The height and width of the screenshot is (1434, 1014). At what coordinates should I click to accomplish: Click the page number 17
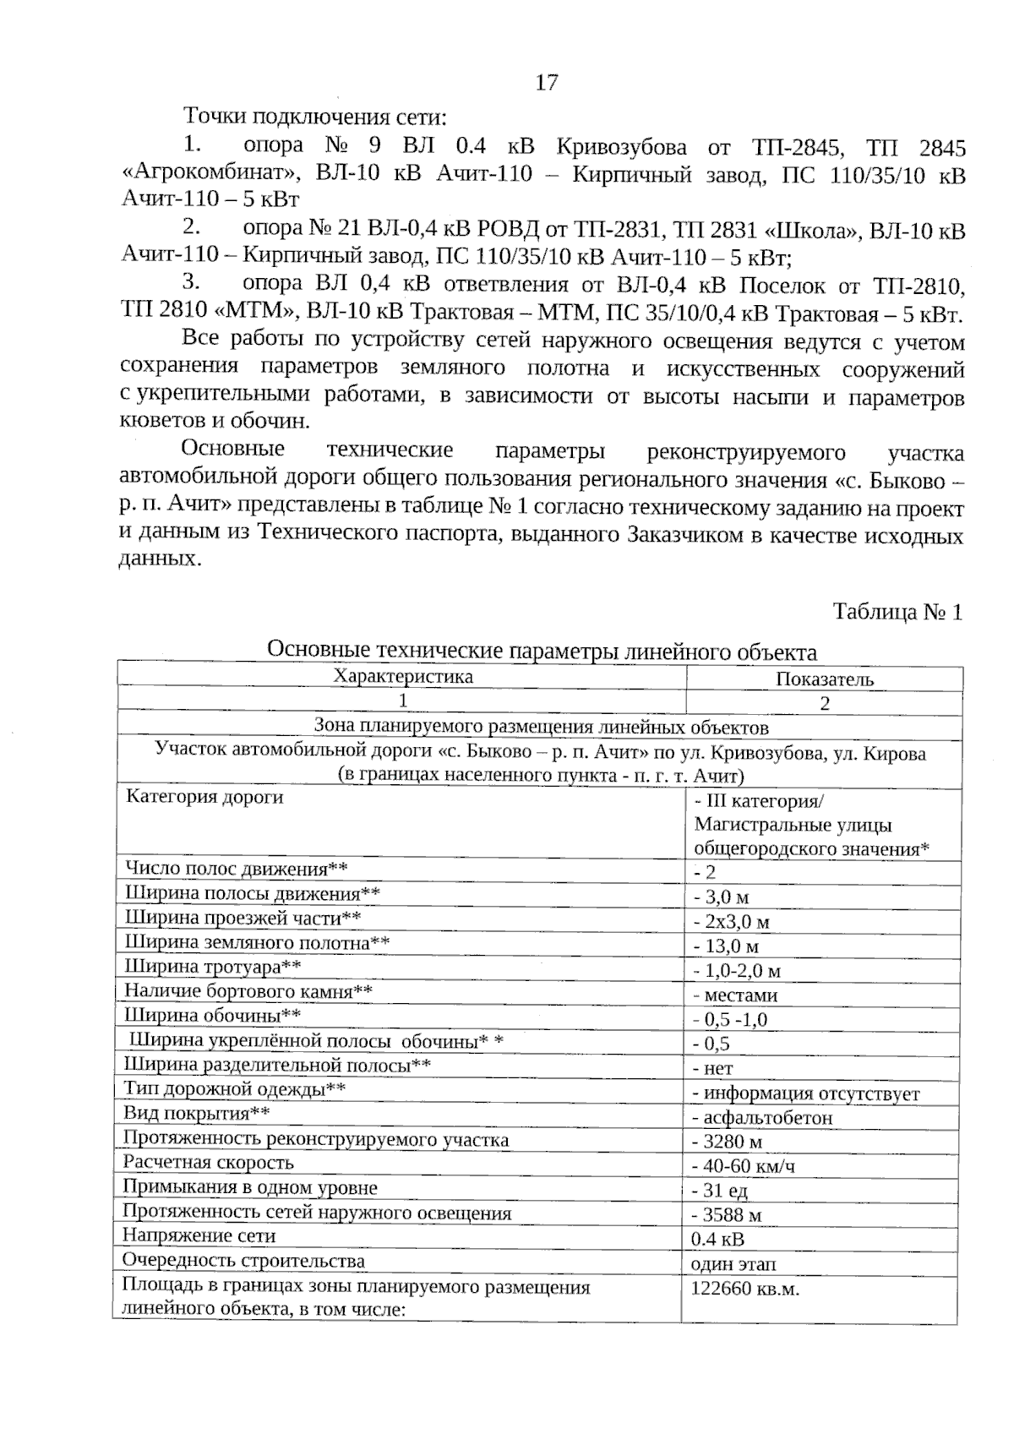point(546,83)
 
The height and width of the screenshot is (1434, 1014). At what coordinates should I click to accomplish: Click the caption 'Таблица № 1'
point(897,612)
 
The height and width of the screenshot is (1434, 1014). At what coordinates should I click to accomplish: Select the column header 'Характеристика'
point(403,677)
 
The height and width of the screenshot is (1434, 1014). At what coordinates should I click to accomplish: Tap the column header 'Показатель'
point(824,679)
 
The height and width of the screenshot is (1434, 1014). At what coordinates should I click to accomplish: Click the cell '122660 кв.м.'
point(744,1289)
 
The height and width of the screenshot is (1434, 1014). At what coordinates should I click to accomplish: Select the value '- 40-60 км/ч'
point(744,1167)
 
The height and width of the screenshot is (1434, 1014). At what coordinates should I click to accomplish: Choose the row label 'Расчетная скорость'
point(208,1163)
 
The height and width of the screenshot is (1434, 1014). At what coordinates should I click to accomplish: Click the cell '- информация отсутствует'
point(805,1094)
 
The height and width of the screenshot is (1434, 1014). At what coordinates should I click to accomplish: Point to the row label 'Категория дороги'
point(204,797)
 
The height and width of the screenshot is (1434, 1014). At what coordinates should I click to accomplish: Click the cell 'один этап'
point(733,1264)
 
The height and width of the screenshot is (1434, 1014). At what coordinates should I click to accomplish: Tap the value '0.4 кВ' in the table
point(717,1240)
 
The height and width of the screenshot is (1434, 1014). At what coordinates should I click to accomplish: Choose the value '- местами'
point(735,996)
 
